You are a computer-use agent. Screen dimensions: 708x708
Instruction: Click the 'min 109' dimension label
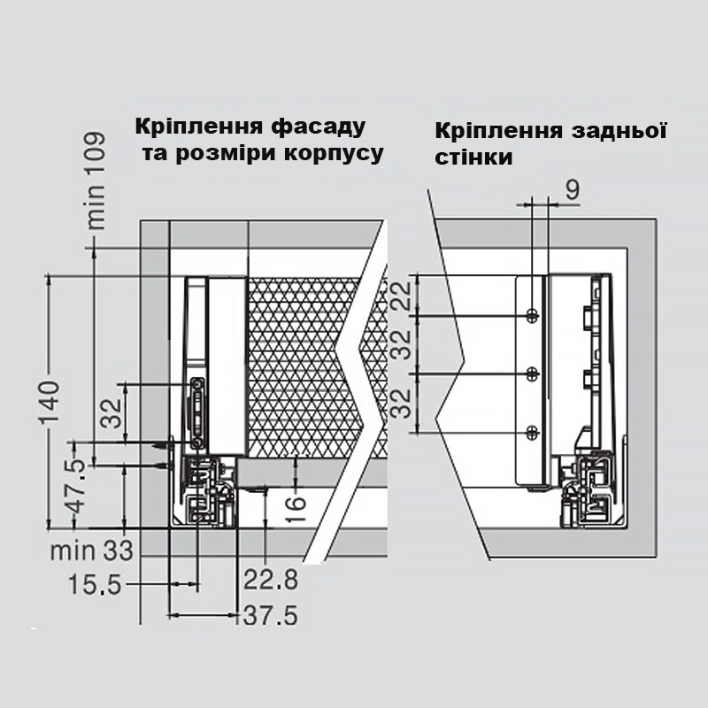click(96, 181)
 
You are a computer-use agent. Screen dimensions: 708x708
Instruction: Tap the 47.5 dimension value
click(78, 487)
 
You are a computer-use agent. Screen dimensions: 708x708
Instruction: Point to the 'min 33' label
click(92, 550)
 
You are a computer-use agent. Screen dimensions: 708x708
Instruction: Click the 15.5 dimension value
click(95, 584)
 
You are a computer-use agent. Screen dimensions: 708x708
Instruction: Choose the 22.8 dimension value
click(271, 579)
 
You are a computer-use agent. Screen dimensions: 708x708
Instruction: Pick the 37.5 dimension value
click(271, 615)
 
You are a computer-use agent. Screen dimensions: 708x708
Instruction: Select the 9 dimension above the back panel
click(572, 189)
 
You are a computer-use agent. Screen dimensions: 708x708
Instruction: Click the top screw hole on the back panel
click(533, 316)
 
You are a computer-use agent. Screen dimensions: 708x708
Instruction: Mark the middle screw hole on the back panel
click(533, 373)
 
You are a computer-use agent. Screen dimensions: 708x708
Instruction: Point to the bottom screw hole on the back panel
click(533, 433)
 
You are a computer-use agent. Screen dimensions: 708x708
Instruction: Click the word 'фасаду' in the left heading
click(318, 127)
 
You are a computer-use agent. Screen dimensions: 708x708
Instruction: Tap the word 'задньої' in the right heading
click(619, 131)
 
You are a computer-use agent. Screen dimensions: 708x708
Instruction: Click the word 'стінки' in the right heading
click(473, 158)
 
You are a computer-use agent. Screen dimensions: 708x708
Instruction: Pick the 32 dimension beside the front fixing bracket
click(112, 412)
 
